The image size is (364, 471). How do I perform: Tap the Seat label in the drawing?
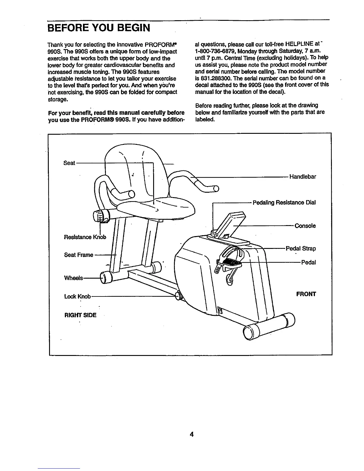[69, 163]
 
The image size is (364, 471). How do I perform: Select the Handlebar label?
[302, 177]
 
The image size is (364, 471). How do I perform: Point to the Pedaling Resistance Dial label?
[284, 202]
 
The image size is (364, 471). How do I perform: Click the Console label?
[305, 226]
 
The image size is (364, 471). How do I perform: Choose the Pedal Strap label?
[301, 248]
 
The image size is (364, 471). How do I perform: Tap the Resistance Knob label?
[85, 237]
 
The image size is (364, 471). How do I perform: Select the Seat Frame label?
[79, 255]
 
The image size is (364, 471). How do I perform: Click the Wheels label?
[73, 278]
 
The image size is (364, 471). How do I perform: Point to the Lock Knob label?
[77, 296]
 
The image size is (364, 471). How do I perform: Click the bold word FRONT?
[306, 294]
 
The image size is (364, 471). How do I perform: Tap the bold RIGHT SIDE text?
[80, 315]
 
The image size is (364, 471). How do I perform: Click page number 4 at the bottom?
[192, 435]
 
